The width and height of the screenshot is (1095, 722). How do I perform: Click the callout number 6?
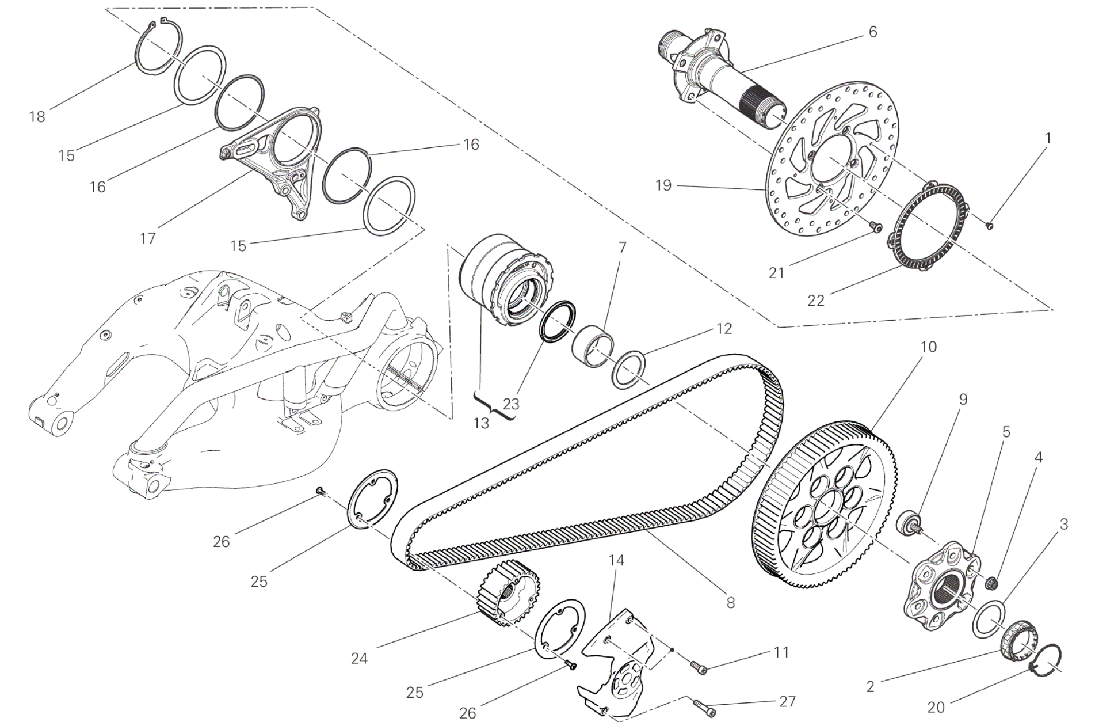pos(873,32)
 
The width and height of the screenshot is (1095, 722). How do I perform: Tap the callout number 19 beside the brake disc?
pos(663,186)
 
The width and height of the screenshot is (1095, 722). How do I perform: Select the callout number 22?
pos(816,300)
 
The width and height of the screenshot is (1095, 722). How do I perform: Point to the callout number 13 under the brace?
pos(481,423)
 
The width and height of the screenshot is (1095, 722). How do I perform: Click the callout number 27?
pos(787,701)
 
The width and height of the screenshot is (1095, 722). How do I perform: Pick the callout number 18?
pos(37,117)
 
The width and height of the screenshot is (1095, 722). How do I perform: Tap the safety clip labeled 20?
pos(1046,659)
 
